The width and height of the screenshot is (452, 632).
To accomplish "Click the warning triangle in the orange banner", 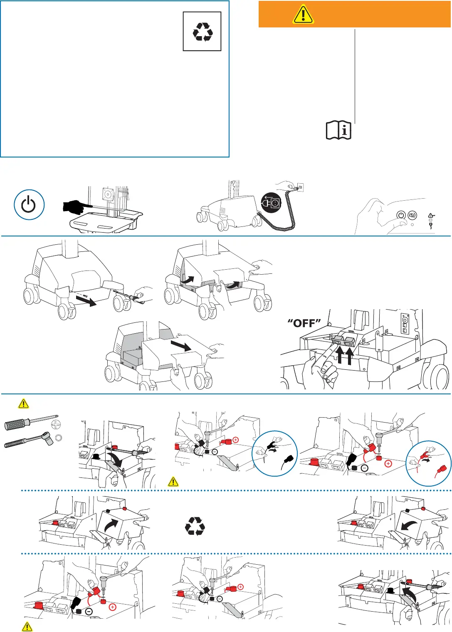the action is point(303,14).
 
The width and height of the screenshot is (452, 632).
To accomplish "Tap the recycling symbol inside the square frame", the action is point(202,32).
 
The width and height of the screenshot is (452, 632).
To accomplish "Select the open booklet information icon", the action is point(338,130).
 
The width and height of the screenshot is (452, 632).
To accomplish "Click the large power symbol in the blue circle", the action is point(29,205).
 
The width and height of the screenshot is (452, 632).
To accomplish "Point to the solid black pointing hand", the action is point(77,206).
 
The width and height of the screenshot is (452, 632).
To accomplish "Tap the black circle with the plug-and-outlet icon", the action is point(271,203).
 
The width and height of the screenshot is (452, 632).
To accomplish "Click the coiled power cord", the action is point(278,216).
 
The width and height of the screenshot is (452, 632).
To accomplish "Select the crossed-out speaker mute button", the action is point(412,215).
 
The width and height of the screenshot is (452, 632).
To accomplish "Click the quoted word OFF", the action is point(304,323).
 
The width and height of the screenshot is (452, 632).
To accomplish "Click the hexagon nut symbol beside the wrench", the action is point(59,438).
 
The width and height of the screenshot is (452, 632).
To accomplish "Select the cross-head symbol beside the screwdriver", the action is point(56,424).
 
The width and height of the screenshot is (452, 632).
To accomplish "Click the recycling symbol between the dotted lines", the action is point(195,526).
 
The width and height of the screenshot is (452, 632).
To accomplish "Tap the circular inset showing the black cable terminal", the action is point(275,453).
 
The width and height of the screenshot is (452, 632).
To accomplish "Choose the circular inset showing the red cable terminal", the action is point(428,463).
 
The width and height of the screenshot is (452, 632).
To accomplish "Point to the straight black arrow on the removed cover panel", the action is point(181,345).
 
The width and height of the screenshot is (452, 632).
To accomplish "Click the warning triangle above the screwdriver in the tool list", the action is point(24,403).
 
